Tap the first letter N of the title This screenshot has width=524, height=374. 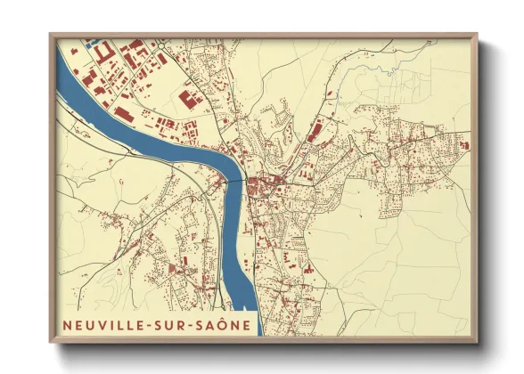pos(67,324)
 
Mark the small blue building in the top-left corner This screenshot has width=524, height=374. pos(91,42)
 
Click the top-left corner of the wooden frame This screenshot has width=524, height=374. pos(51,36)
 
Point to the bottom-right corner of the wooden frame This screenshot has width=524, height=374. pos(478,342)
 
